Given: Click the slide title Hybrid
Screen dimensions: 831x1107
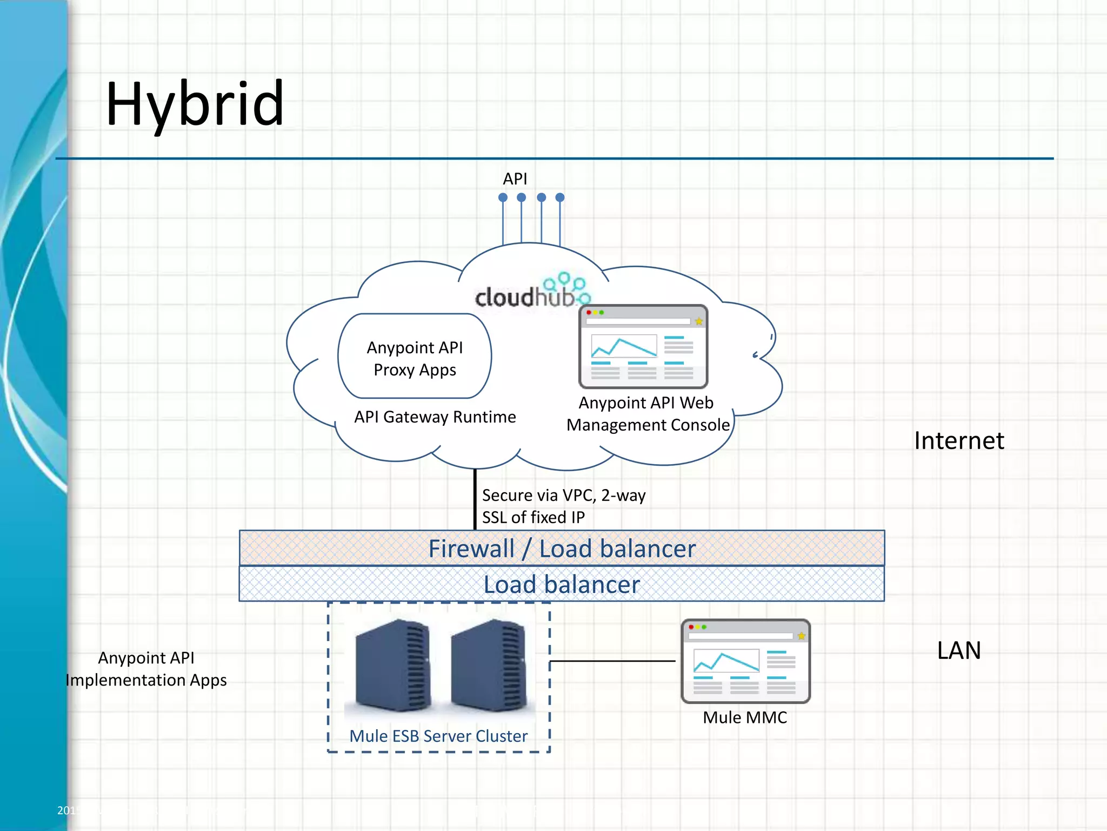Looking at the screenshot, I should point(195,104).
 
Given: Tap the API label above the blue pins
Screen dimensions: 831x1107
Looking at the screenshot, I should point(515,179).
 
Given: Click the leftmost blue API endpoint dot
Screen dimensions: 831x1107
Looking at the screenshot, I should point(503,197).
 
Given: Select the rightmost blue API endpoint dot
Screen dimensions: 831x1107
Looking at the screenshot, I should point(560,197).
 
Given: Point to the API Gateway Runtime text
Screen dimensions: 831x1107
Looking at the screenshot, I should point(435,417).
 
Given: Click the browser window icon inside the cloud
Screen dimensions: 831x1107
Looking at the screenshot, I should point(643,347).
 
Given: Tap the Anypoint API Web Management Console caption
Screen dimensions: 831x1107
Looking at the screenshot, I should point(648,414).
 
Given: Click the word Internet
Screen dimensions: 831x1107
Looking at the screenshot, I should point(959,440).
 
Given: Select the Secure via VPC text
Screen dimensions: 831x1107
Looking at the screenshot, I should point(563,506).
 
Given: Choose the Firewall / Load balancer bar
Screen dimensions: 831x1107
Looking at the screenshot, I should point(562,549).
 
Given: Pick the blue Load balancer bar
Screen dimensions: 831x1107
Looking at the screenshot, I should point(562,584).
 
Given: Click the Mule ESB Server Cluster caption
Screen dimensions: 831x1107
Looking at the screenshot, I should point(438,736).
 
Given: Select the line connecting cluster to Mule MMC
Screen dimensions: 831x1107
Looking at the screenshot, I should point(612,661).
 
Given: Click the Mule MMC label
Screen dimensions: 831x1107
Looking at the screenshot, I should point(745,717).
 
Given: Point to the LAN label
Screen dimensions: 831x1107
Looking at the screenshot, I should point(959,650).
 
